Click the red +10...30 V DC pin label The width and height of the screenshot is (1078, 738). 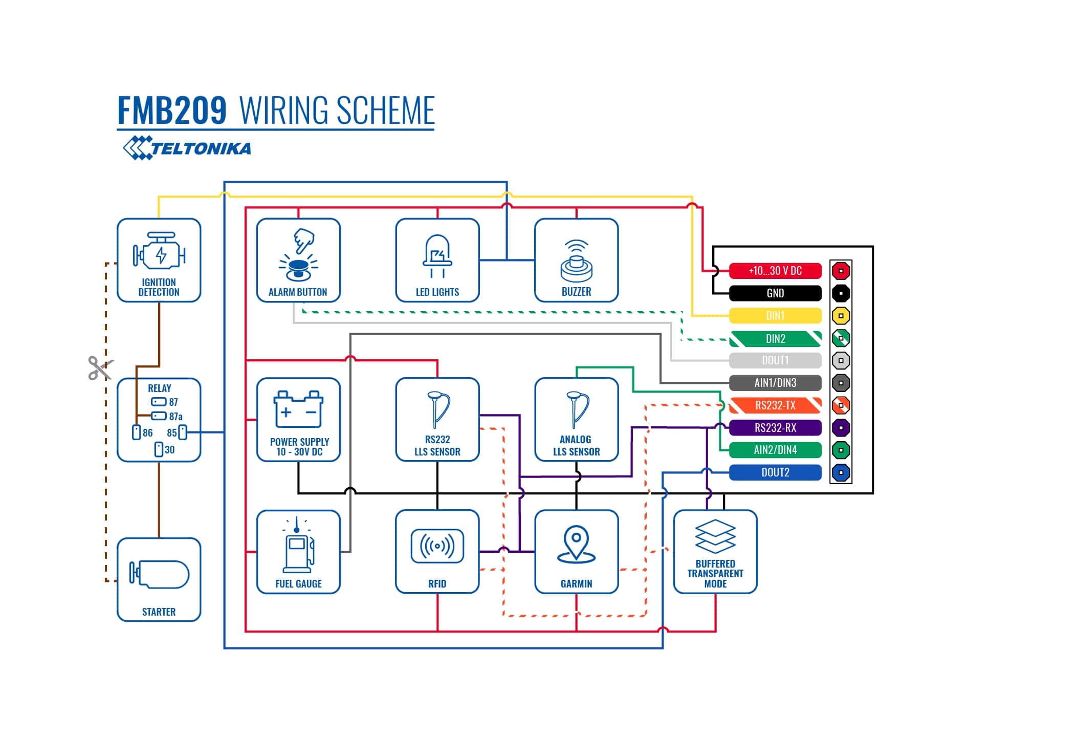[x=775, y=271]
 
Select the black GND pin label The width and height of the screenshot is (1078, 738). [x=775, y=293]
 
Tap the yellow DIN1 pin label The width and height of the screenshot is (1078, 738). [x=775, y=316]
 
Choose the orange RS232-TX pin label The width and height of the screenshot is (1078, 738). [x=775, y=405]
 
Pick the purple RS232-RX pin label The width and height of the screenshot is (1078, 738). [x=775, y=428]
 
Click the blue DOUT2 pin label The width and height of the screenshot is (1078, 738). [x=775, y=472]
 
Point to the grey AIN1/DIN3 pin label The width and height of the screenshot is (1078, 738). [x=775, y=383]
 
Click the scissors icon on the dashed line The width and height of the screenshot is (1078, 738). [x=100, y=368]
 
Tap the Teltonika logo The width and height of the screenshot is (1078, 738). [x=187, y=148]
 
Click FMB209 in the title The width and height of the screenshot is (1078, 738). [x=172, y=111]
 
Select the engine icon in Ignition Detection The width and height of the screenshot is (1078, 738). [x=159, y=252]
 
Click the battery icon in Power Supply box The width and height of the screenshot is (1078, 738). [x=298, y=409]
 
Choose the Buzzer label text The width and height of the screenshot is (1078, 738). [x=576, y=292]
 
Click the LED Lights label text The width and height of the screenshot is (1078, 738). [x=437, y=292]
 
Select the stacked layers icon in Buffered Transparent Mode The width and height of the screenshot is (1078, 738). [x=715, y=536]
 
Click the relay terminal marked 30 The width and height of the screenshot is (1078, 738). [x=159, y=449]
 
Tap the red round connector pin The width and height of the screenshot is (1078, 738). [x=841, y=271]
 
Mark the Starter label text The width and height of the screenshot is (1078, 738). [x=159, y=612]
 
